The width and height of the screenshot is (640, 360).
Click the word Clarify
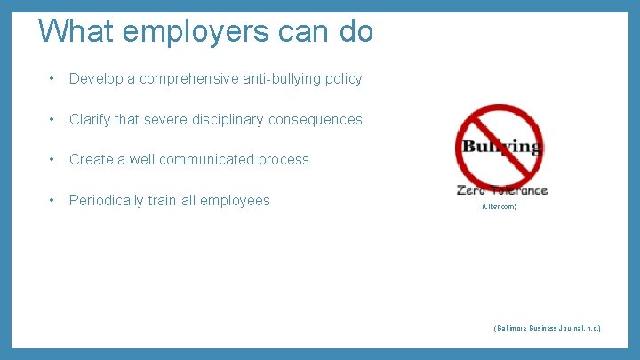(92, 119)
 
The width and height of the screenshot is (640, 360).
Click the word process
(284, 160)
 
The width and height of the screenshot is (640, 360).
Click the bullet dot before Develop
(52, 79)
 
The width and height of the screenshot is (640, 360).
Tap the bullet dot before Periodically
(52, 201)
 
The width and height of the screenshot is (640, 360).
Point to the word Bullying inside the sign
(501, 146)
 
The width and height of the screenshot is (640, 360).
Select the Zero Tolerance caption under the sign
(502, 190)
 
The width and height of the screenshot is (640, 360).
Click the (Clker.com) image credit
(499, 207)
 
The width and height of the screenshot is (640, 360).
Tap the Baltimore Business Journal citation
(547, 328)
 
